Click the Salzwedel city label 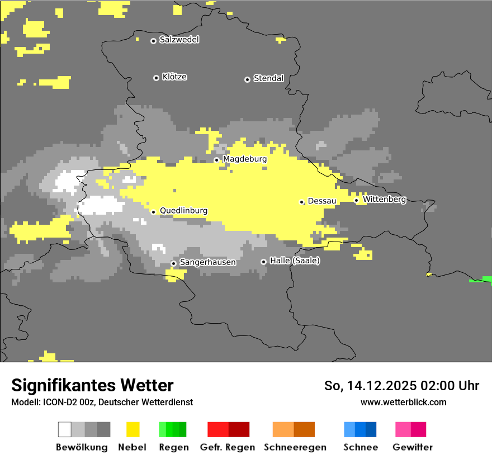click(179, 40)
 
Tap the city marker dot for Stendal click(247, 79)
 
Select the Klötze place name click(174, 77)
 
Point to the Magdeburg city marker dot click(217, 160)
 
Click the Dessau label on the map click(322, 201)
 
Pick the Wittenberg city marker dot click(356, 200)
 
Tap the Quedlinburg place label click(183, 211)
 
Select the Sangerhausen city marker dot click(173, 263)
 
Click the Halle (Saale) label click(295, 261)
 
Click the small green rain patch click(480, 280)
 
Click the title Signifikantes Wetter click(92, 385)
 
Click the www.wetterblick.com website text click(403, 402)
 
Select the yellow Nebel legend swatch click(133, 429)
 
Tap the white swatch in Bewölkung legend click(65, 429)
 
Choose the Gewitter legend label click(412, 447)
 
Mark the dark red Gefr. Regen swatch click(239, 429)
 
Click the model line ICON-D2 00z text click(102, 402)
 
